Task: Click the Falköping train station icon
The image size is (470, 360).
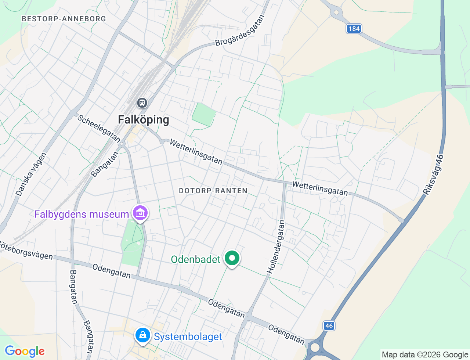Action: click(142, 103)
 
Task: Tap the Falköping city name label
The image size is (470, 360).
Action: click(144, 120)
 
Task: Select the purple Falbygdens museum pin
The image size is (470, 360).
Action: click(140, 213)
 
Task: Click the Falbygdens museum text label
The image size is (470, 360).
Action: click(82, 214)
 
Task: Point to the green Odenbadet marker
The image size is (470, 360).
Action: click(232, 258)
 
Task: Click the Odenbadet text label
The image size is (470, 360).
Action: click(196, 259)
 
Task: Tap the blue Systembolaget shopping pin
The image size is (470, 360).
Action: click(143, 335)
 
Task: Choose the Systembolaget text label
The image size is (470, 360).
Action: click(188, 337)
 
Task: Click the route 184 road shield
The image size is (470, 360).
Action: click(354, 29)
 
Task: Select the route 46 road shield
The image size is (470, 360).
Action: click(329, 325)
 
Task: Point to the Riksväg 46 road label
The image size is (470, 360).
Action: click(433, 175)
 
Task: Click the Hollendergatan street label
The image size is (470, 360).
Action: click(276, 247)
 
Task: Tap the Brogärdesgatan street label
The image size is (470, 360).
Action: click(240, 30)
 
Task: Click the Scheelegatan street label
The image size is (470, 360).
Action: click(99, 128)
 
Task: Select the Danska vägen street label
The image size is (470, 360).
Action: click(32, 174)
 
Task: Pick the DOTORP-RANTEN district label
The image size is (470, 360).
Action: click(213, 191)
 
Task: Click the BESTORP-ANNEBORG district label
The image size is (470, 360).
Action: click(64, 19)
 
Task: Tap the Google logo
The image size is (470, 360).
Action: click(25, 351)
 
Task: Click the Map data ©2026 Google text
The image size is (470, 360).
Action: click(425, 355)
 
